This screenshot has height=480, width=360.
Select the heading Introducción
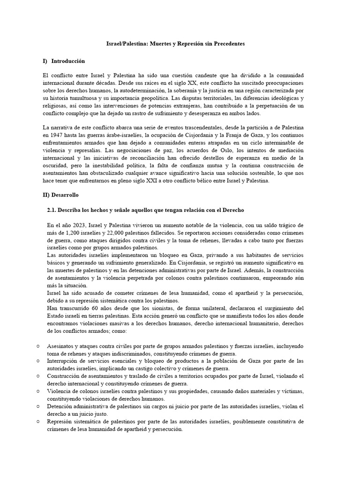click(x=68, y=61)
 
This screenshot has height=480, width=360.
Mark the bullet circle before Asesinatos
click(x=37, y=345)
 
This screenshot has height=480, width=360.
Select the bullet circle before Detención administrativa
click(x=37, y=406)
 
